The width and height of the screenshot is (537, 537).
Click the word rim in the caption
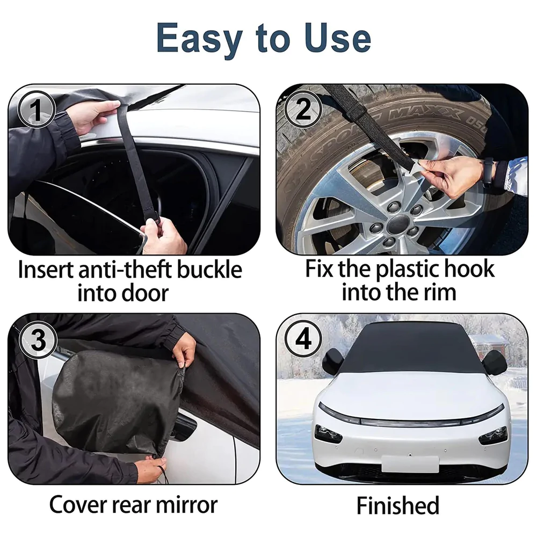click(x=438, y=293)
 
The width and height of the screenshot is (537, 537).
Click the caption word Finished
click(x=397, y=505)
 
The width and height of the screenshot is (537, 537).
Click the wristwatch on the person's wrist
click(x=488, y=171)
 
